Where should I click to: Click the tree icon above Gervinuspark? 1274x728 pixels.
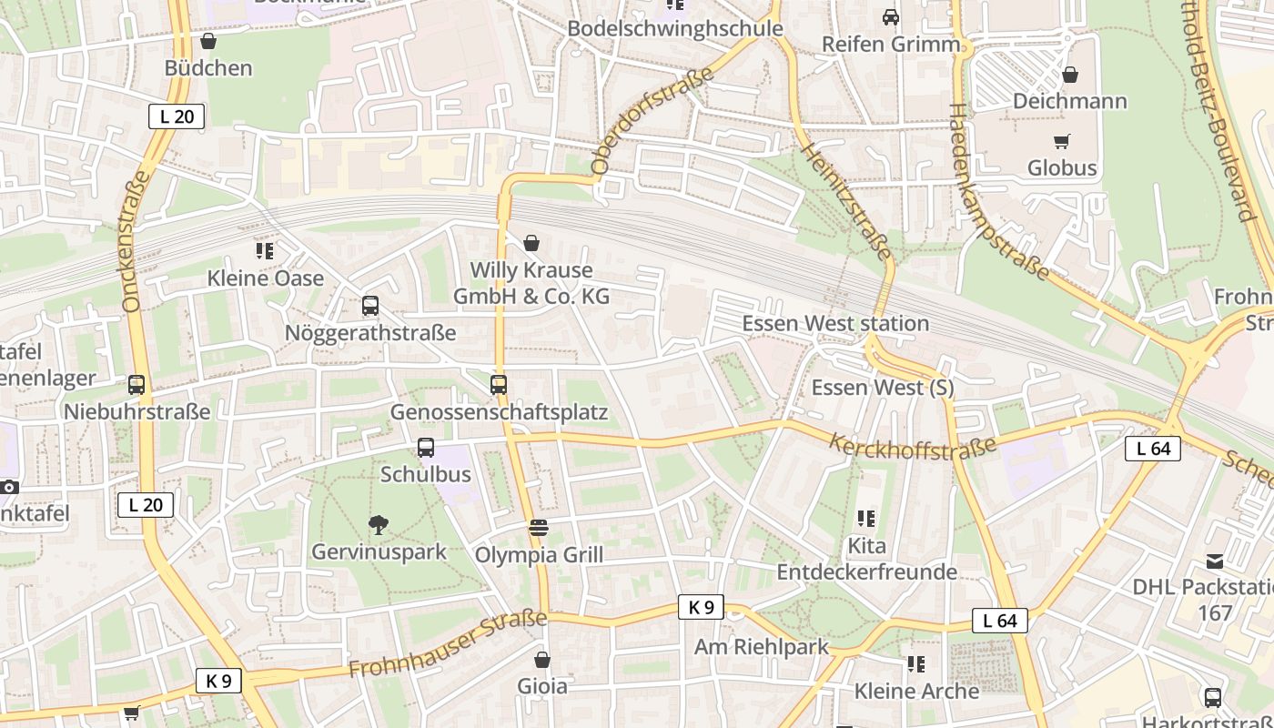click(x=379, y=525)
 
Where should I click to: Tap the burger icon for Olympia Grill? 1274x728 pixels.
click(x=539, y=529)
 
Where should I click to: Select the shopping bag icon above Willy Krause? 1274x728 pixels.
click(x=531, y=243)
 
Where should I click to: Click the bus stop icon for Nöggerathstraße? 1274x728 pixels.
click(x=370, y=306)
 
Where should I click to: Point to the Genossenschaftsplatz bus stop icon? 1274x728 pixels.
click(x=499, y=385)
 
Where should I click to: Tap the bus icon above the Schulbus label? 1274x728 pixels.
click(x=426, y=448)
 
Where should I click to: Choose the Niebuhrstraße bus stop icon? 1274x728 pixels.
click(x=136, y=385)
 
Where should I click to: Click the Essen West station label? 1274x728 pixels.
click(x=835, y=324)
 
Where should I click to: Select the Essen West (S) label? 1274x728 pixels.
click(x=882, y=388)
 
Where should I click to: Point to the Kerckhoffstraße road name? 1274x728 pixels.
click(x=913, y=446)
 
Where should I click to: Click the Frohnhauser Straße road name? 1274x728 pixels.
click(x=447, y=644)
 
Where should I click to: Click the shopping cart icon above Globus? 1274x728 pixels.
click(x=1061, y=141)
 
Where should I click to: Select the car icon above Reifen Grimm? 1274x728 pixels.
click(x=891, y=17)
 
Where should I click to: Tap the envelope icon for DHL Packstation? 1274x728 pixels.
click(x=1215, y=561)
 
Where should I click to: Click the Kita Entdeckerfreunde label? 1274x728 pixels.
click(x=866, y=559)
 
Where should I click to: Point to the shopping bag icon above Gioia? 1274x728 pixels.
click(x=542, y=660)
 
